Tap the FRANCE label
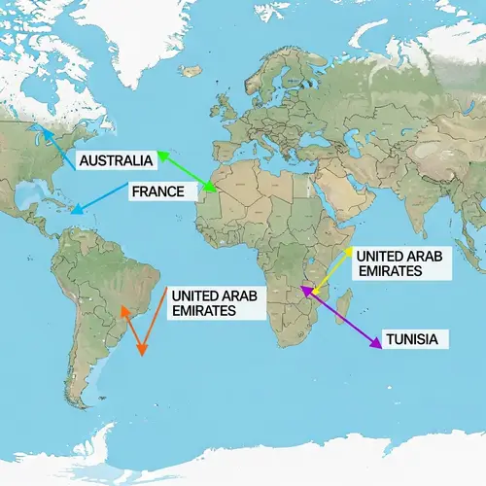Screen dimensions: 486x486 click(x=156, y=191)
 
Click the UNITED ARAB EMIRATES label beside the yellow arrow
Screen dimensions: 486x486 click(x=389, y=263)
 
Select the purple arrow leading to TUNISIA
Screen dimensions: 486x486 click(x=340, y=317)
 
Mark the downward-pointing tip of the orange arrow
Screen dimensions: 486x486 click(x=143, y=352)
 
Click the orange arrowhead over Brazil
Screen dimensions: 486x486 click(x=122, y=310)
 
